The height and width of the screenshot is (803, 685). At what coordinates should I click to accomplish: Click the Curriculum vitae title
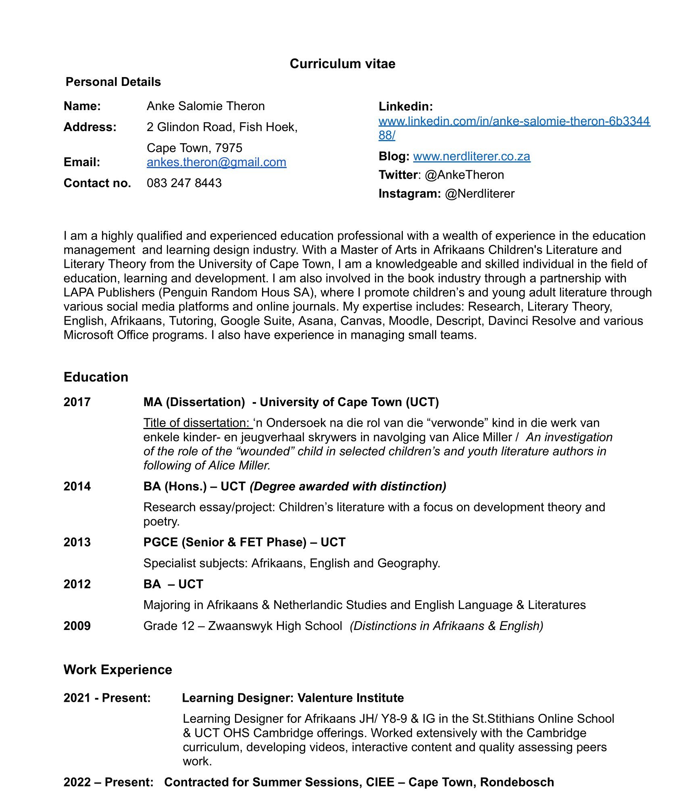[x=342, y=64]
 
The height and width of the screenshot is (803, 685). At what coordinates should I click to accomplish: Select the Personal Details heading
[x=113, y=82]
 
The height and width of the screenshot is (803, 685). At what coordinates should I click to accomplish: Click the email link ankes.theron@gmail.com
[x=217, y=162]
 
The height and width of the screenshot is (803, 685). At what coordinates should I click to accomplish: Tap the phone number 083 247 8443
[x=184, y=183]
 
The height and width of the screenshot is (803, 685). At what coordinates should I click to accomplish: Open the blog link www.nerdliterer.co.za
[x=472, y=156]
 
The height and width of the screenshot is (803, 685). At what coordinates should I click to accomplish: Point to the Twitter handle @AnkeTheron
[x=464, y=175]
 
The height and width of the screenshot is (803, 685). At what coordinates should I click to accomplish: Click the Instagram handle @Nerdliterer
[x=480, y=194]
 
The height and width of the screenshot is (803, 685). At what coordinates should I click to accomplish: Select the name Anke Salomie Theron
[x=206, y=106]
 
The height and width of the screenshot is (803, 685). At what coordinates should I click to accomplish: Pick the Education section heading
[x=96, y=377]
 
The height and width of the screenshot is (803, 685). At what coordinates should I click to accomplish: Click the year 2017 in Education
[x=77, y=402]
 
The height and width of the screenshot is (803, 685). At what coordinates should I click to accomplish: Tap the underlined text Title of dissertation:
[x=197, y=423]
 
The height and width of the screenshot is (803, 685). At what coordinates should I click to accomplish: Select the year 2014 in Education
[x=77, y=486]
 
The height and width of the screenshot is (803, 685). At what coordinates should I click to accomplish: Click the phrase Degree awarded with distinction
[x=348, y=486]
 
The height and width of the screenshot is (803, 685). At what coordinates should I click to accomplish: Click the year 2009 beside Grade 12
[x=77, y=626]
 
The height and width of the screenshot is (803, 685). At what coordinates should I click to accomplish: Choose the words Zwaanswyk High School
[x=275, y=626]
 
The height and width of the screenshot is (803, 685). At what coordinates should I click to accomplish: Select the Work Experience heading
[x=118, y=670]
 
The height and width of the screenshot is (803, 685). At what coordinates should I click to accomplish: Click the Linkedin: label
[x=406, y=106]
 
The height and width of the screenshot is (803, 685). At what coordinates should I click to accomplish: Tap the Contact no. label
[x=97, y=183]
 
